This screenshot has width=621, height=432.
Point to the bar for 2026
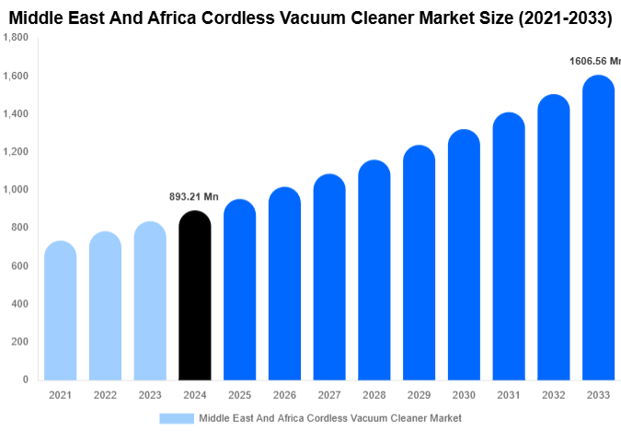pyautogui.click(x=284, y=285)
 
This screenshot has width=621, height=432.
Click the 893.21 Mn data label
pyautogui.click(x=193, y=197)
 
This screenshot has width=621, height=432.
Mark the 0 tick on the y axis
pyautogui.click(x=25, y=379)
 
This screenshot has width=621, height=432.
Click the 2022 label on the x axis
pyautogui.click(x=105, y=395)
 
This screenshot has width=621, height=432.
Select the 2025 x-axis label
pyautogui.click(x=239, y=395)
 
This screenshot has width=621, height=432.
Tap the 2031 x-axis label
pyautogui.click(x=509, y=395)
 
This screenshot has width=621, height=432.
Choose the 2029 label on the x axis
pyautogui.click(x=419, y=395)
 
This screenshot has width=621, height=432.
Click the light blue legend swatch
pyautogui.click(x=176, y=418)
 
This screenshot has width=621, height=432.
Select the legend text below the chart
pyautogui.click(x=329, y=418)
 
